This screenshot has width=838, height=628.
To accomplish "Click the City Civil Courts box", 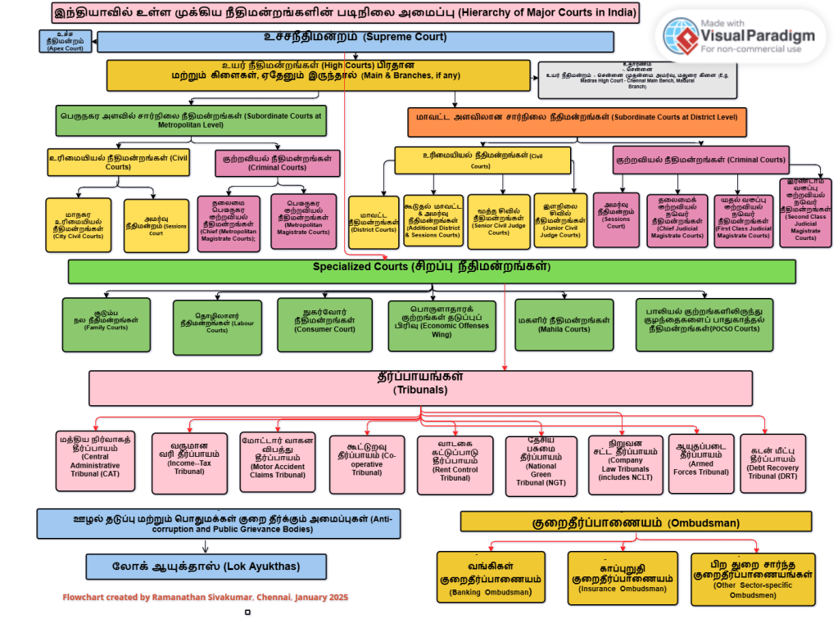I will (x=78, y=225).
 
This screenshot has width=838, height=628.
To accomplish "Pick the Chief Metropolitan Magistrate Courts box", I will (x=229, y=221).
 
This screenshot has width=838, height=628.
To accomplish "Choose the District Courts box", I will (x=374, y=222).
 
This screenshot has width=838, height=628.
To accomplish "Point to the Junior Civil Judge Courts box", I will (x=560, y=220).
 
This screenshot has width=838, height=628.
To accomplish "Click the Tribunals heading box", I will (x=419, y=386).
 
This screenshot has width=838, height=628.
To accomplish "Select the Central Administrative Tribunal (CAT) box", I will (x=95, y=460).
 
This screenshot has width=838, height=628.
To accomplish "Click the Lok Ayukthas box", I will (x=206, y=566).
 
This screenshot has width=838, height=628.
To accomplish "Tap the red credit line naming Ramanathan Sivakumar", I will (x=206, y=598).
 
